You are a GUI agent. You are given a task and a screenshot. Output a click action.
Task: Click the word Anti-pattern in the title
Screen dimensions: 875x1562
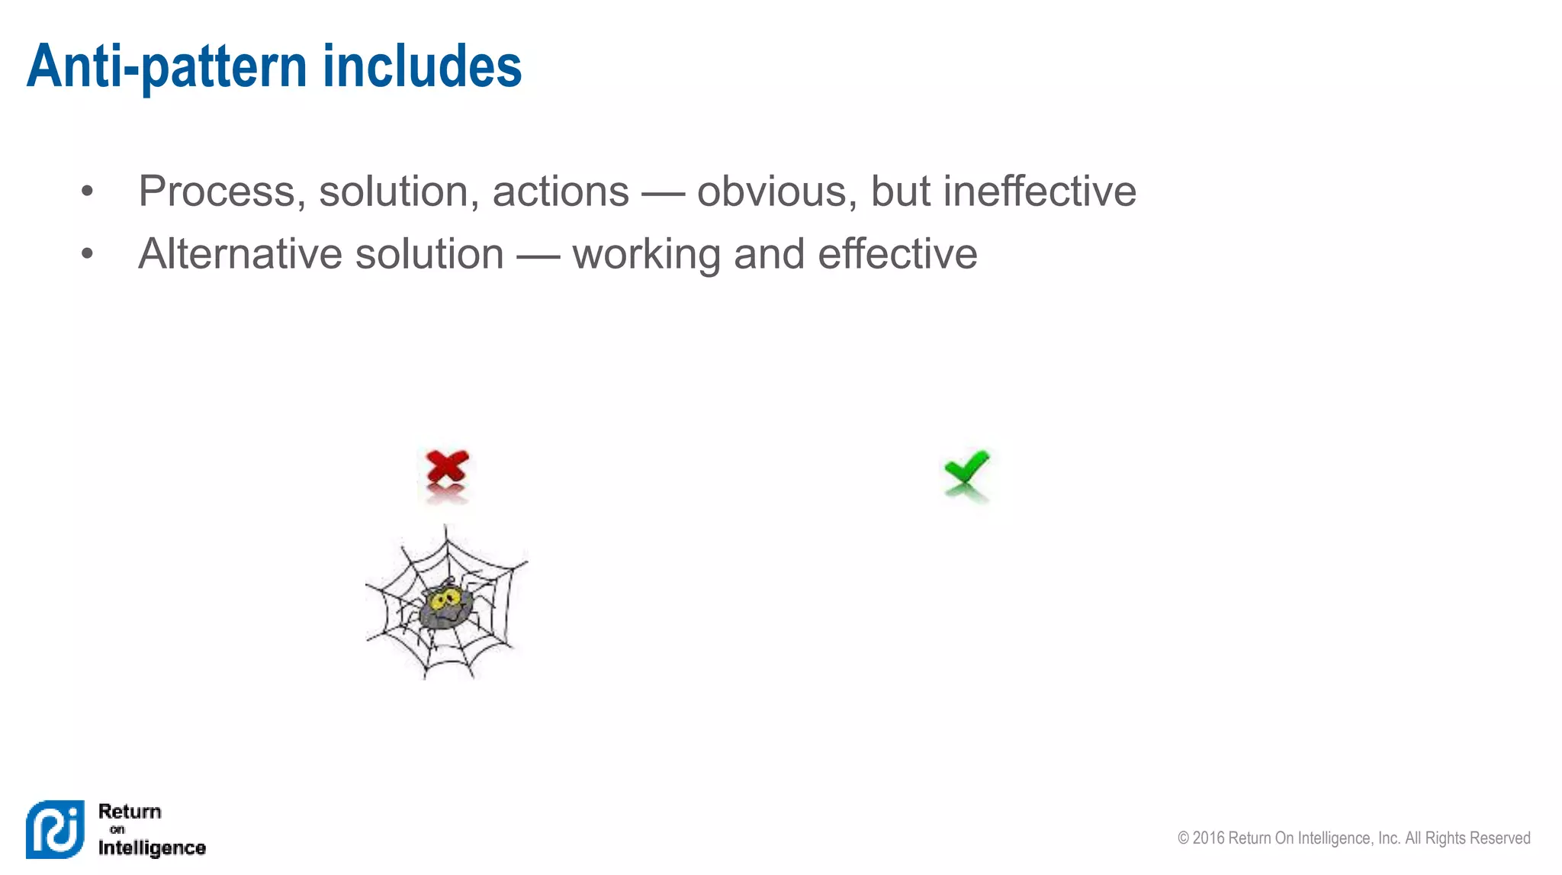[x=166, y=67]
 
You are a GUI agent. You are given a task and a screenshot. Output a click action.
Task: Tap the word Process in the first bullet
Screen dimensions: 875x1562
[x=217, y=191]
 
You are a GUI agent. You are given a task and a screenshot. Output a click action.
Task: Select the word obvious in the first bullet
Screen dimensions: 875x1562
[x=771, y=191]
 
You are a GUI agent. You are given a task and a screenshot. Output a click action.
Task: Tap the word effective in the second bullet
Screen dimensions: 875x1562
[x=897, y=254]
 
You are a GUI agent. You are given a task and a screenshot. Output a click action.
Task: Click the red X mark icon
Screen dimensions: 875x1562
[x=447, y=467]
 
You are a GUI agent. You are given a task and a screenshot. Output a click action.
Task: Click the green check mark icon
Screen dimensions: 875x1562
[x=966, y=467]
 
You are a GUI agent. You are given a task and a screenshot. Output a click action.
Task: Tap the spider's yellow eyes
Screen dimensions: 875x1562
[x=444, y=600]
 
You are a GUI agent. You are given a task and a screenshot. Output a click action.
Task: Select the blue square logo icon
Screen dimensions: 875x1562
[x=55, y=829]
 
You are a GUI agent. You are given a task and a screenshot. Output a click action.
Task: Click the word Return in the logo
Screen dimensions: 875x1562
[x=130, y=811]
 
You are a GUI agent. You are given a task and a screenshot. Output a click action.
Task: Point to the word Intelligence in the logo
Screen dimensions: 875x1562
[x=152, y=848]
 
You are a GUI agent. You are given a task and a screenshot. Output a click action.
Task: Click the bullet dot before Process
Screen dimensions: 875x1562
[x=87, y=191]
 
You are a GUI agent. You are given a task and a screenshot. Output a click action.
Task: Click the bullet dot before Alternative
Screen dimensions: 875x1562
[x=87, y=254]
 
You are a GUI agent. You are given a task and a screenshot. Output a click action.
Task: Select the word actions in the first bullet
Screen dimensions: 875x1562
[x=561, y=191]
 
